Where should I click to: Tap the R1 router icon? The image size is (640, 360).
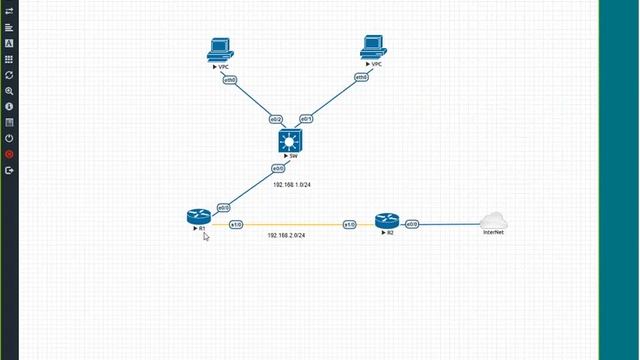(x=197, y=217)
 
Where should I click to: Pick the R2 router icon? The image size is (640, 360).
(x=386, y=221)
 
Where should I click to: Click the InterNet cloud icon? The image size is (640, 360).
(x=493, y=221)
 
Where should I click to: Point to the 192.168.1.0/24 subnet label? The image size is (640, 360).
(x=292, y=185)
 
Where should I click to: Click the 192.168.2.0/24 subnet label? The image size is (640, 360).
(x=286, y=235)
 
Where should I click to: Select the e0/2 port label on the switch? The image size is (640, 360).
(x=276, y=119)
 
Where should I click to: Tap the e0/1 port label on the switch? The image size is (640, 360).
(x=306, y=119)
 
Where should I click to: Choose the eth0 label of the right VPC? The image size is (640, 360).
(x=361, y=77)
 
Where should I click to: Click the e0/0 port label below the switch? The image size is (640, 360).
(x=279, y=169)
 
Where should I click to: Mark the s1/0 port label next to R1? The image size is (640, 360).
(x=236, y=225)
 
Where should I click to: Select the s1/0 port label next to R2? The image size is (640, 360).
(x=350, y=225)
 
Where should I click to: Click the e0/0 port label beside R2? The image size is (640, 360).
(x=412, y=225)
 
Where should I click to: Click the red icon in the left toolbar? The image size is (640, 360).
(x=9, y=154)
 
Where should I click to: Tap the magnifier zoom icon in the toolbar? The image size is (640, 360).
(x=9, y=91)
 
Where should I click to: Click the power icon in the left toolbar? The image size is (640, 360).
(x=9, y=138)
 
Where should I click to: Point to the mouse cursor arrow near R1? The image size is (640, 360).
(x=206, y=237)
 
